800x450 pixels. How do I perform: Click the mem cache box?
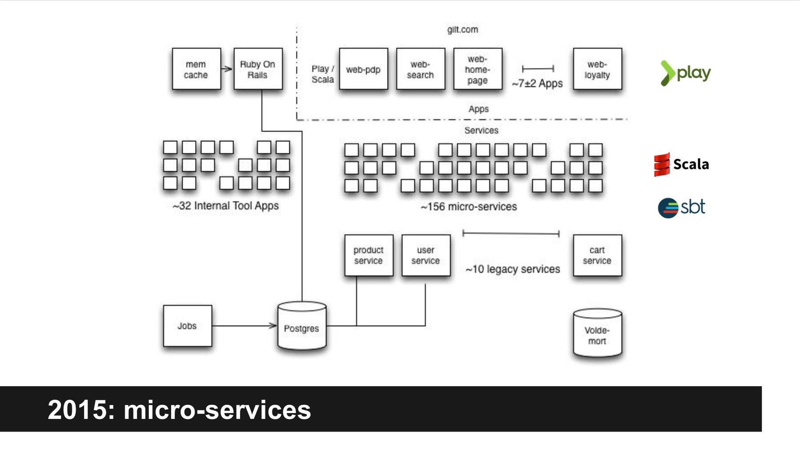[x=196, y=69]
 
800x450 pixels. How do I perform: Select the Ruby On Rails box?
[x=258, y=69]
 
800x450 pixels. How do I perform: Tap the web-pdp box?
[x=363, y=69]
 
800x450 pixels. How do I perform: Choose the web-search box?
[x=420, y=69]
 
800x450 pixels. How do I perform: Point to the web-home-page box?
[x=477, y=69]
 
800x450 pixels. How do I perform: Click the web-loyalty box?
[x=597, y=69]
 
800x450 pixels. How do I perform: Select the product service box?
[x=368, y=255]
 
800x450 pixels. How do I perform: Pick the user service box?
[x=425, y=255]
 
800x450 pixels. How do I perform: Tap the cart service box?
[x=597, y=255]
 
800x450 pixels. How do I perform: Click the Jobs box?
[x=187, y=326]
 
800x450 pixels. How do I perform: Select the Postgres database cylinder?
[x=302, y=327]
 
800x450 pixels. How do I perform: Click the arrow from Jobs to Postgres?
[x=244, y=326]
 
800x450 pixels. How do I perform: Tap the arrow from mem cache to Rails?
[x=227, y=69]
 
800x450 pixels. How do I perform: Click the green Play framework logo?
[x=685, y=73]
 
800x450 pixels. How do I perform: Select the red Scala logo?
[x=662, y=164]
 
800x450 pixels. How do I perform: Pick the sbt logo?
[x=681, y=207]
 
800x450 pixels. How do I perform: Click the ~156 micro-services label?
[x=469, y=207]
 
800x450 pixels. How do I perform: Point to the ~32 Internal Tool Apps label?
[x=226, y=206]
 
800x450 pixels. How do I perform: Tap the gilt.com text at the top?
[x=462, y=30]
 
